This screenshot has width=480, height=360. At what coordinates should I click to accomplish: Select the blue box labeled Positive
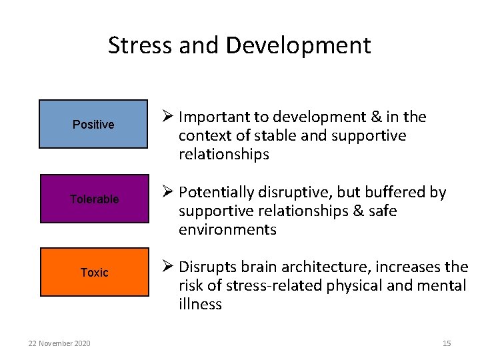93,124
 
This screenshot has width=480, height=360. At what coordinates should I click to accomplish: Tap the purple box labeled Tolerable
94,199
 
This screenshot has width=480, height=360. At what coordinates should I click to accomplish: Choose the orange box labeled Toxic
94,272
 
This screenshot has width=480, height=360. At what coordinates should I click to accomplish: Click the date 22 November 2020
60,343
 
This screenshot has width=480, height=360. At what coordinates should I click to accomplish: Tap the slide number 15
447,343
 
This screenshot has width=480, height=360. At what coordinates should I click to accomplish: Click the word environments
227,230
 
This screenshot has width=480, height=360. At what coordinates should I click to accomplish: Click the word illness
200,305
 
